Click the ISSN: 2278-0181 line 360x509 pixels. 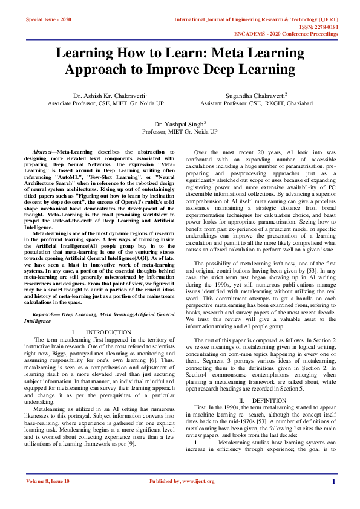(317, 27)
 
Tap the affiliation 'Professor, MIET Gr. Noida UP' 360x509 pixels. (180, 131)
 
